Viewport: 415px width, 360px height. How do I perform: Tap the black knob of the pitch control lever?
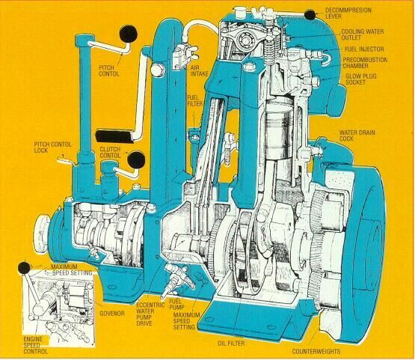tap(129, 34)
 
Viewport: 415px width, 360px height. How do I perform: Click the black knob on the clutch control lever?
tap(136, 159)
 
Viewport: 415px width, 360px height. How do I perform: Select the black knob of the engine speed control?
tap(25, 268)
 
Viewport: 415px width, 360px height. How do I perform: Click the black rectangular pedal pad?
tap(115, 136)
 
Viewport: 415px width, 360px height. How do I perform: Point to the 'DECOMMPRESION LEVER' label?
tap(348, 13)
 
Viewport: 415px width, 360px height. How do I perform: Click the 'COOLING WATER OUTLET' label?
tap(362, 34)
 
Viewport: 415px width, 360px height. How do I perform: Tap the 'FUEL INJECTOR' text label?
tap(364, 49)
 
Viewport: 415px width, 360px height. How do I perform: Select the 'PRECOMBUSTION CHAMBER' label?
tap(365, 63)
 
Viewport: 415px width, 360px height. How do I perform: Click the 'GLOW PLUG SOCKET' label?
tap(360, 79)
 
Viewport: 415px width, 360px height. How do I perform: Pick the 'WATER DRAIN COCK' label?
tap(357, 135)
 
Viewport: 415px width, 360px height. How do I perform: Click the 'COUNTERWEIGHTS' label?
tap(316, 352)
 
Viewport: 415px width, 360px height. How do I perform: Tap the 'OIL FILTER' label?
tap(231, 344)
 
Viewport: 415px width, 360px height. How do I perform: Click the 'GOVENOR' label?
tap(112, 314)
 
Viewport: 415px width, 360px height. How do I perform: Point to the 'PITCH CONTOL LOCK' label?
tap(52, 147)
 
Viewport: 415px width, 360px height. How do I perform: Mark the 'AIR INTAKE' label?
tap(200, 71)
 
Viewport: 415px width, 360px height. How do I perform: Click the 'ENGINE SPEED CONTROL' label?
tap(35, 345)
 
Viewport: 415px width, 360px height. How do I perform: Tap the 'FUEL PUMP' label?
tap(176, 304)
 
